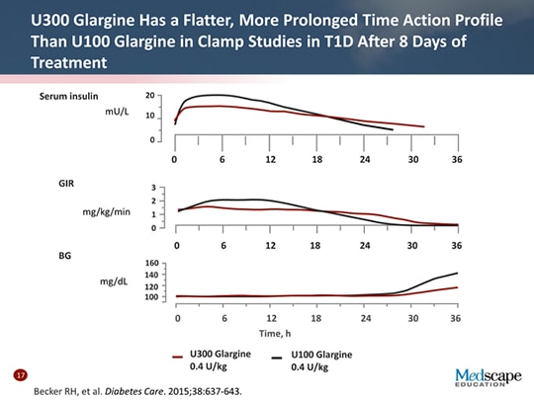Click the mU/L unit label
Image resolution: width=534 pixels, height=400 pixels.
pos(117,114)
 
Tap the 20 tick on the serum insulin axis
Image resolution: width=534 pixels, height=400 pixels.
pos(149,96)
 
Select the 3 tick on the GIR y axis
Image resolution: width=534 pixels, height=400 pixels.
pos(152,187)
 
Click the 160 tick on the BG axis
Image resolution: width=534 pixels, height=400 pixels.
pos(151,264)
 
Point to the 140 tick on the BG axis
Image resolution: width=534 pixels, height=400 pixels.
pos(151,275)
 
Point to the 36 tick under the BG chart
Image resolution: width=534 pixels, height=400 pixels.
pos(456,318)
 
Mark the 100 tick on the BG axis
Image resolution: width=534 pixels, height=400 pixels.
pos(151,296)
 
